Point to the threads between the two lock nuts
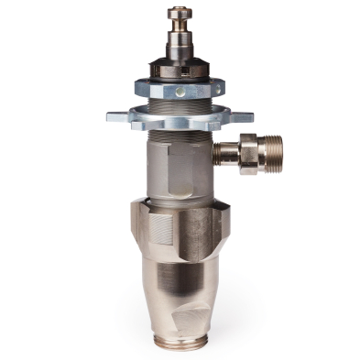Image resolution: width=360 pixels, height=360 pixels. click(x=179, y=104)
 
